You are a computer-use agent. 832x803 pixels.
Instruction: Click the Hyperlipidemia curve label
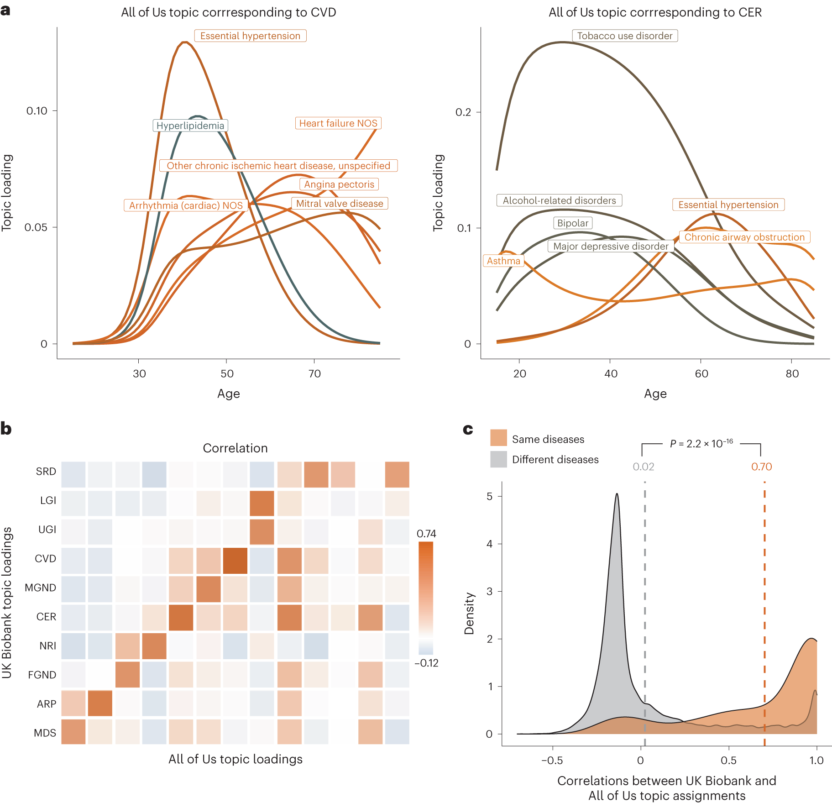[190, 126]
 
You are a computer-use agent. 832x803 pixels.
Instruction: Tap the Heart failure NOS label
[338, 123]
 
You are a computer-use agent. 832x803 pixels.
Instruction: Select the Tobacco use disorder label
[624, 36]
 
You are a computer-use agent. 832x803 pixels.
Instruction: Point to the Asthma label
[503, 261]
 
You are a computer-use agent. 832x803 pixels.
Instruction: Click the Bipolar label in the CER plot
[573, 223]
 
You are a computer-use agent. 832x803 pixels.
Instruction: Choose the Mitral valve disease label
[340, 204]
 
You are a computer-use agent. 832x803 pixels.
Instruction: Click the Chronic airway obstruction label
[744, 237]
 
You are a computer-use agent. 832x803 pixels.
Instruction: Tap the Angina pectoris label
[339, 184]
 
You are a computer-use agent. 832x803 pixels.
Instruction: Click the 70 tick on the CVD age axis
[314, 373]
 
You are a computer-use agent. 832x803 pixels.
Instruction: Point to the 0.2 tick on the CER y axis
[463, 112]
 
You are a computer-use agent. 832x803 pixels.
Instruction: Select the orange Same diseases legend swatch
[498, 438]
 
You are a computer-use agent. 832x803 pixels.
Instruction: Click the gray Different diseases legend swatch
[498, 459]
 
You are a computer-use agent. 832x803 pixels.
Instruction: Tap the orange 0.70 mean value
[761, 467]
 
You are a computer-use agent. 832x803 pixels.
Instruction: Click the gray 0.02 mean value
[643, 467]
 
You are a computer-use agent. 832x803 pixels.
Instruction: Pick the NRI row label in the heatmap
[47, 646]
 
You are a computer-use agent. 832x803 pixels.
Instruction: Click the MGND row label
[41, 588]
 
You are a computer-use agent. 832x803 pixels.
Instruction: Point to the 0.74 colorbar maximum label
[426, 534]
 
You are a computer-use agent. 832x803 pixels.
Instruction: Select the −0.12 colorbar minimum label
[426, 663]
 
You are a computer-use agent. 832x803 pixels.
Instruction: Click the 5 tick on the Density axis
[489, 496]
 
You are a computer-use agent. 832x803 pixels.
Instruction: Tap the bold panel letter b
[6, 429]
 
